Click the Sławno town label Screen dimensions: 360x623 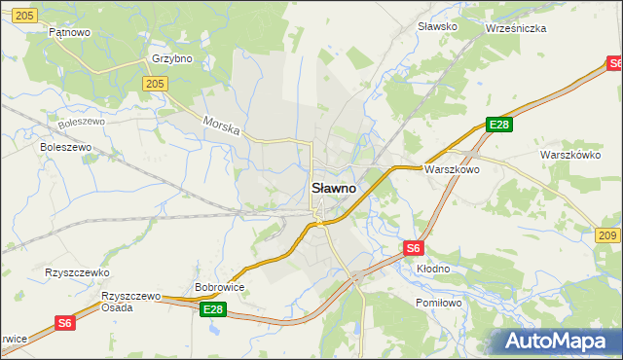[x=333, y=187]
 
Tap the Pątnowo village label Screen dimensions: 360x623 [x=69, y=32]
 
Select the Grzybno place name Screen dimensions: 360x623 [x=172, y=58]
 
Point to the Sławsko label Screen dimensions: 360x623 [x=437, y=26]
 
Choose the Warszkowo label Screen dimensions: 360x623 [x=452, y=168]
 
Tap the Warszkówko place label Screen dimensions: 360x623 [x=571, y=155]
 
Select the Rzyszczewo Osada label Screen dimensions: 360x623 [x=130, y=301]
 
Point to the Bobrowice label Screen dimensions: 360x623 [x=219, y=287]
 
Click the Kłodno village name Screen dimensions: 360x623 [x=433, y=268]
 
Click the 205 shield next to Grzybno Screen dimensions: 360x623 [x=154, y=85]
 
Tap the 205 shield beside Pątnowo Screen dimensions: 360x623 [x=26, y=15]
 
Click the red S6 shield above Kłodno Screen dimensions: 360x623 [x=414, y=248]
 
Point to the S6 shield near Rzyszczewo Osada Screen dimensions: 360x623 [x=64, y=323]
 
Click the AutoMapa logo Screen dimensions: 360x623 [x=556, y=341]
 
